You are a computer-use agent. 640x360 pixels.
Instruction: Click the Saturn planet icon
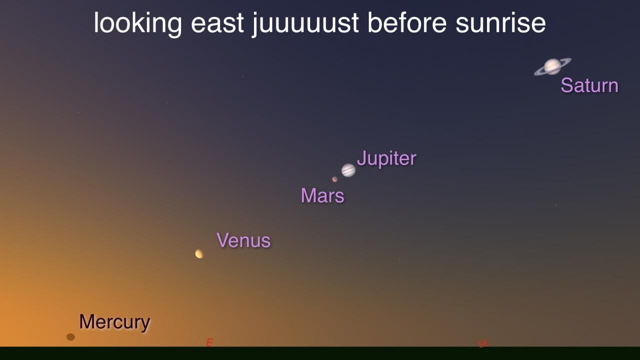(x=552, y=66)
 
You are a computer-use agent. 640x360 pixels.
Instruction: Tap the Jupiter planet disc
(x=348, y=170)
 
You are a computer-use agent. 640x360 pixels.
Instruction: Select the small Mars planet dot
(x=335, y=179)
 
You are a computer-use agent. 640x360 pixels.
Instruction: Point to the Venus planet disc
(x=199, y=253)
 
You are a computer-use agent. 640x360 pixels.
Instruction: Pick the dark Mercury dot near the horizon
(x=70, y=337)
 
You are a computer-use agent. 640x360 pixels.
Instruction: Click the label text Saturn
(x=589, y=85)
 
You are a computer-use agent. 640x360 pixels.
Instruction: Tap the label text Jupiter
(x=386, y=158)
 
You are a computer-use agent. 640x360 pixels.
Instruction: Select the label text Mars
(x=322, y=195)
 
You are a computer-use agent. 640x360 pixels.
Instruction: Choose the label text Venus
(x=243, y=240)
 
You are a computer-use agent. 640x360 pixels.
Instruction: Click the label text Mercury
(x=114, y=322)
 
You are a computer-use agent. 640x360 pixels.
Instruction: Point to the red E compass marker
(x=209, y=342)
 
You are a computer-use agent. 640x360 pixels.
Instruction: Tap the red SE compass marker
(x=483, y=343)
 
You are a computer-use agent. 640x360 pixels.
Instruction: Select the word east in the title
(x=217, y=23)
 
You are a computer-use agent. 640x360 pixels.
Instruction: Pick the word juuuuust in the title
(x=305, y=24)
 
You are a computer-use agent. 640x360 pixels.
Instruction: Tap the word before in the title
(x=407, y=23)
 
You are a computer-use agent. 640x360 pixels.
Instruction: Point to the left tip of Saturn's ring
(x=534, y=74)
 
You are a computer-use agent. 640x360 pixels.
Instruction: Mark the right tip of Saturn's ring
(x=571, y=59)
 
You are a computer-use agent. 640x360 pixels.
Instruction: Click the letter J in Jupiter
(x=361, y=158)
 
